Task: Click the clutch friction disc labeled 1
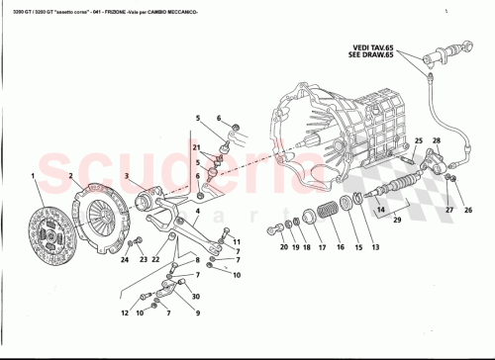(x=50, y=225)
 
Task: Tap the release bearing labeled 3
(x=150, y=201)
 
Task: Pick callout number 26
(x=468, y=210)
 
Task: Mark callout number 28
(x=436, y=141)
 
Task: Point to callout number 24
(x=124, y=260)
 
